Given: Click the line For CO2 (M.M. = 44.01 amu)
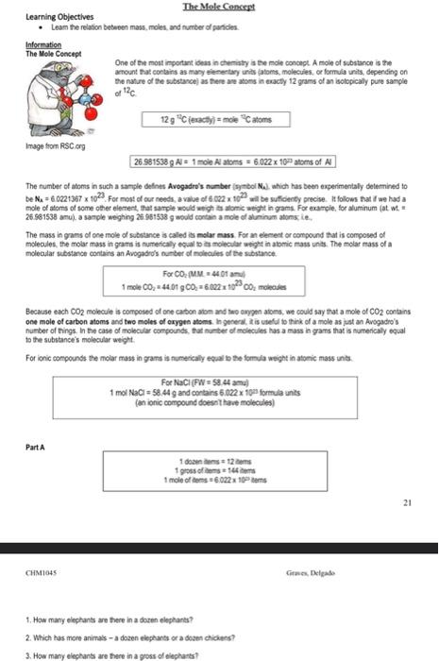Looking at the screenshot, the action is [x=221, y=273].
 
